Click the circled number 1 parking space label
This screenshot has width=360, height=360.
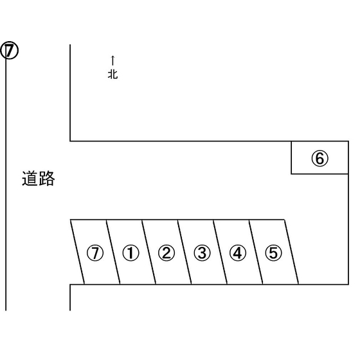coord(131,253)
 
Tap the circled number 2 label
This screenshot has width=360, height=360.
coord(166,253)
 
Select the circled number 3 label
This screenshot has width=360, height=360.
coord(202,253)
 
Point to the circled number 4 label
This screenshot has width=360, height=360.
coord(238,253)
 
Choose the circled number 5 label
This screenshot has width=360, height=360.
coord(273,253)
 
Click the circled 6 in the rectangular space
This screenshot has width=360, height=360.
coord(320,158)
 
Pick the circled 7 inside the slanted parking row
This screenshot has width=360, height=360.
coord(95,253)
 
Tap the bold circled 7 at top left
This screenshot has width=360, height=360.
coord(9,50)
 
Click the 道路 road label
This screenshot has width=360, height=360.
coord(39,179)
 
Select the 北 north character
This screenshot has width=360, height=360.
coord(113,74)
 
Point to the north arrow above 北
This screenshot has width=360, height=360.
coord(113,60)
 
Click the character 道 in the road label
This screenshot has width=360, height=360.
coord(30,179)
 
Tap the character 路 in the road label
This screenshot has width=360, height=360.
coord(47,179)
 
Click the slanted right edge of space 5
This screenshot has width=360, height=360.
coord(292,252)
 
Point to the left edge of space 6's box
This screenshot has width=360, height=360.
coord(291,157)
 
